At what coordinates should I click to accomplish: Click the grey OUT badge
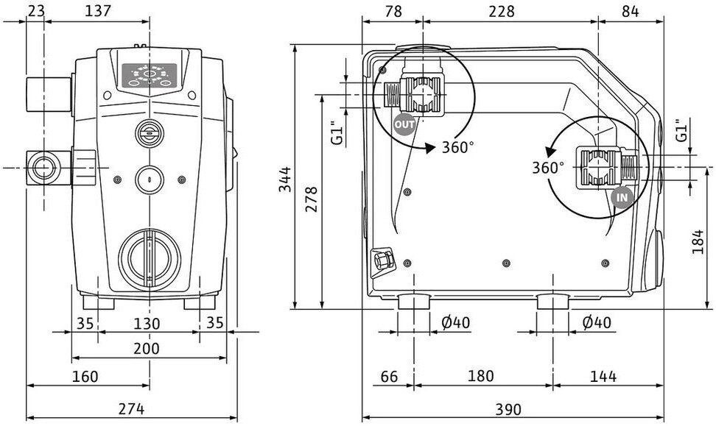404,124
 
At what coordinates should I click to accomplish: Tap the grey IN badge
622,197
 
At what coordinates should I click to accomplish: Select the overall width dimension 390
508,409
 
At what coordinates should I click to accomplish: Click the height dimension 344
285,180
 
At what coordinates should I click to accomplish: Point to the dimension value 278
311,199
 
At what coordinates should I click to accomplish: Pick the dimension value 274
131,408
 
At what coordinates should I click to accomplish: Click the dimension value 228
502,11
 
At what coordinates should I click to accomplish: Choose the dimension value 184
698,242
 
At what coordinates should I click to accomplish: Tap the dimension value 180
481,376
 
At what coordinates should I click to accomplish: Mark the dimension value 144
603,376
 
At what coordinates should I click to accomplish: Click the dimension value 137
98,10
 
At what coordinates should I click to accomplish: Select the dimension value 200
147,349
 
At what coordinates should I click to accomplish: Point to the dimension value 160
85,376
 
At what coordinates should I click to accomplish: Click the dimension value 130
147,324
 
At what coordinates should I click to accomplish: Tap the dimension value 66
389,376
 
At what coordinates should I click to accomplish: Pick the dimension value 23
37,10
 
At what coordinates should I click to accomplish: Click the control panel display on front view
150,75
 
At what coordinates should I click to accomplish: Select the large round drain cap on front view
150,259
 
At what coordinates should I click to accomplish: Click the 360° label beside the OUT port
458,147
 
